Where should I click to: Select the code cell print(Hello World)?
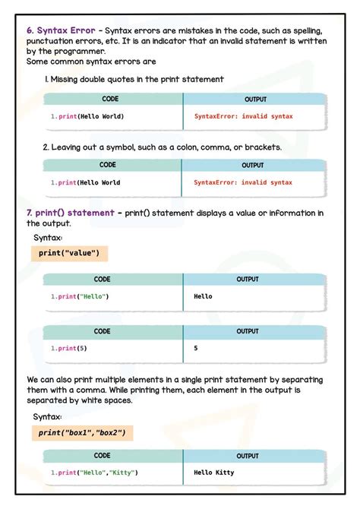click(87, 116)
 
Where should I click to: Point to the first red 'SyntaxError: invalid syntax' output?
click(244, 116)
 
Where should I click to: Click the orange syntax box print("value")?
click(68, 253)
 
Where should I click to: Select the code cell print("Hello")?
click(80, 296)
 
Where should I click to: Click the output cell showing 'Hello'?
click(204, 296)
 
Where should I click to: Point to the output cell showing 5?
click(196, 348)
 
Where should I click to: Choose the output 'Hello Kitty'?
click(214, 473)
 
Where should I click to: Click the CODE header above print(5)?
click(102, 331)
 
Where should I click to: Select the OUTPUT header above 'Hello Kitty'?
click(248, 456)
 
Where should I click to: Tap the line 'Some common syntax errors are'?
click(91, 62)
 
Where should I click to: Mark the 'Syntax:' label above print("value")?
click(48, 238)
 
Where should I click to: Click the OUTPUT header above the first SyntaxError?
click(255, 100)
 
